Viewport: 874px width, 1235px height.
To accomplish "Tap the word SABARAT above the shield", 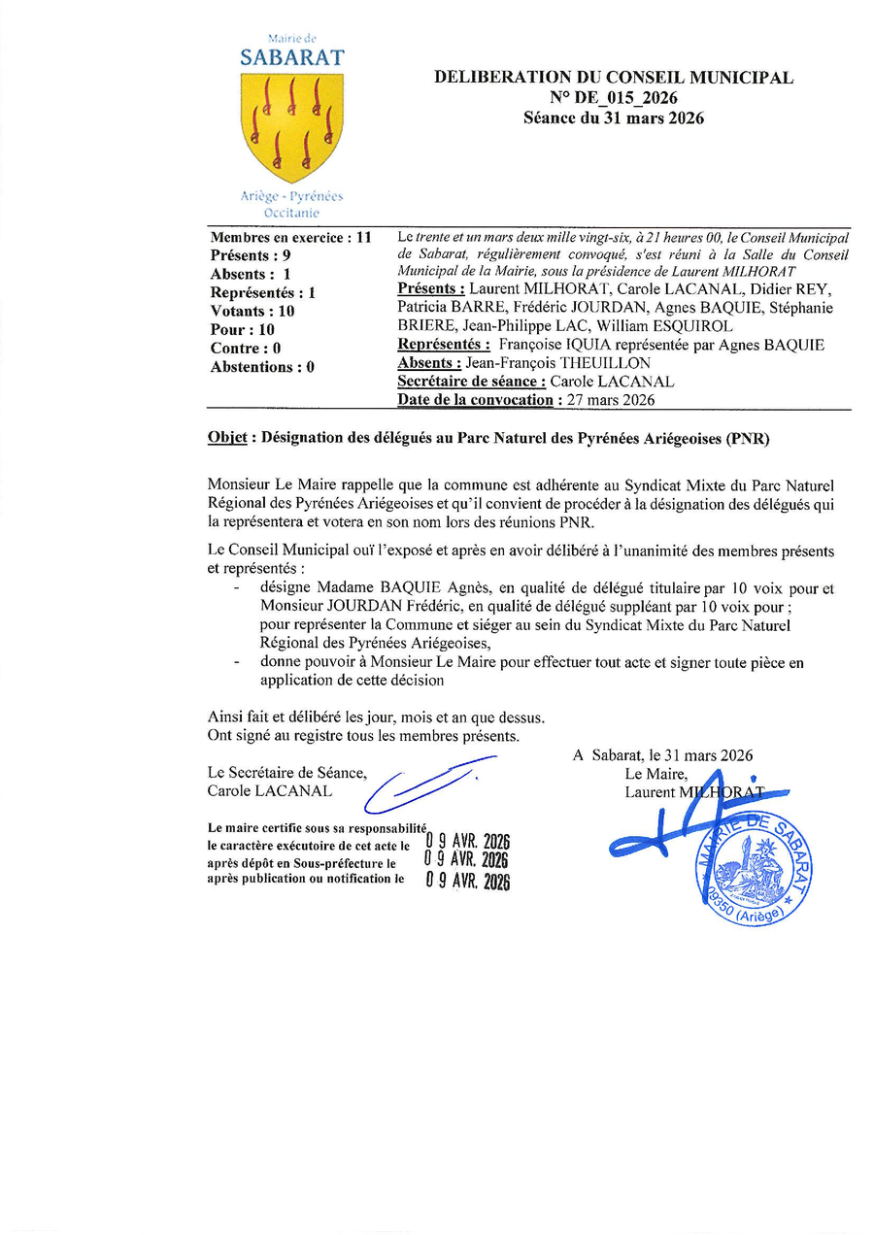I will pos(291,58).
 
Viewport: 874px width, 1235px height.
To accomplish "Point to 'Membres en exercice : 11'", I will pos(291,237).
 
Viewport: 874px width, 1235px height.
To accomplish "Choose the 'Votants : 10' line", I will pos(252,312).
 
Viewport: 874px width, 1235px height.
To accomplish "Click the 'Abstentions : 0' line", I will pos(262,367).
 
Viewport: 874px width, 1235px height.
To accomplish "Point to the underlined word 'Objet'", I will pos(226,438).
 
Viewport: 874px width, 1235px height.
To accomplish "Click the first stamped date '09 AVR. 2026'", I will pos(468,842).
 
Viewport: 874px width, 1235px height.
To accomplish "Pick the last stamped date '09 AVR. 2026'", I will pos(468,882).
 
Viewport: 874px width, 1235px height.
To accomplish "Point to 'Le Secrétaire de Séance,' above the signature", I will pos(287,773).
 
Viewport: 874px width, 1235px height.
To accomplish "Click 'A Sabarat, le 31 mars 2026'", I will pos(663,755).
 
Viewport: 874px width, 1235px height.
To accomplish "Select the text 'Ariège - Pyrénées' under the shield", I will pos(291,196).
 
